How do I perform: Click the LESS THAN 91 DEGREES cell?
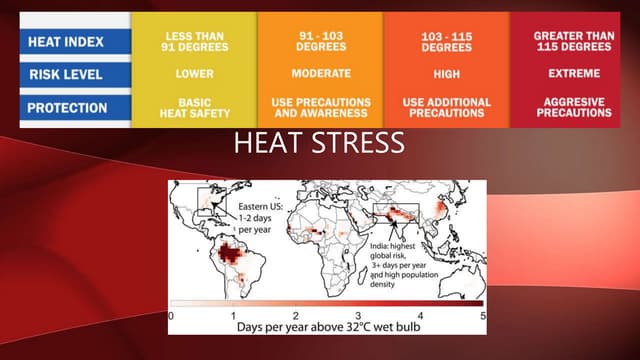point(194,41)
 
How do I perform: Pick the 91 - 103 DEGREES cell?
point(321,41)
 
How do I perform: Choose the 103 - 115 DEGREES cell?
point(446,41)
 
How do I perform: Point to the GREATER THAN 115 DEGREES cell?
point(573,41)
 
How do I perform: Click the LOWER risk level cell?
point(194,74)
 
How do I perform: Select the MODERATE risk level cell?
point(321,74)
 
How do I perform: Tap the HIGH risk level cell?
point(446,74)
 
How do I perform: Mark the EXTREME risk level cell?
point(573,74)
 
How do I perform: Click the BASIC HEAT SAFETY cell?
point(194,107)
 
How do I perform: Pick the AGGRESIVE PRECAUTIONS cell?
point(573,107)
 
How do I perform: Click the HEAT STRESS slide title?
point(319,143)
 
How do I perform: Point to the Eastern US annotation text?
point(262,217)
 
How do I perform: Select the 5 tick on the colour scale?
point(482,315)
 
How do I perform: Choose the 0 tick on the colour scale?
point(171,315)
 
